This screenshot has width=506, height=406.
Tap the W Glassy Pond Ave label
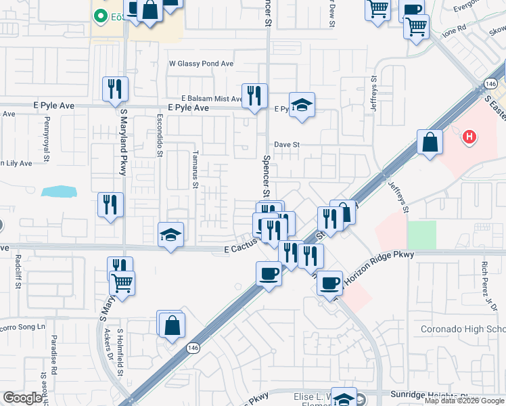tap(201, 64)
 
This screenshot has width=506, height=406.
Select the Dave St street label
tap(287, 144)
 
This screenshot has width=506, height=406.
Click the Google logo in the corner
tap(23, 398)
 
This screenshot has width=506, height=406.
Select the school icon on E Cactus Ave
tap(171, 235)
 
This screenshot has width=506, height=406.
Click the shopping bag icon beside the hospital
tap(430, 142)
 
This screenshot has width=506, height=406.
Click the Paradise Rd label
tap(54, 352)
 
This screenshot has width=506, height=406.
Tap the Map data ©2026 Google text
tap(465, 401)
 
